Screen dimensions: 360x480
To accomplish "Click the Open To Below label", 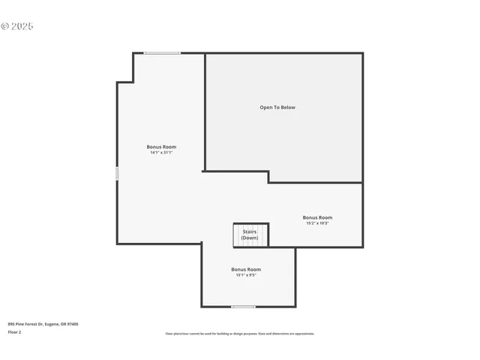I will [277, 107].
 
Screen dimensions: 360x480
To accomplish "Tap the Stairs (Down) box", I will [250, 235].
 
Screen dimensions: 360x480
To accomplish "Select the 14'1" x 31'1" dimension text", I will [161, 152].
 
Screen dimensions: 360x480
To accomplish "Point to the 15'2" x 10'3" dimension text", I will [317, 223].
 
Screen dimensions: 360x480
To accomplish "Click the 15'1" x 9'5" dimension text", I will [246, 274].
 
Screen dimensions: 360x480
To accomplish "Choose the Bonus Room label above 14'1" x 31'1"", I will [161, 146].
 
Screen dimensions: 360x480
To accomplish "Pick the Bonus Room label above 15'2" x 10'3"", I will [317, 217].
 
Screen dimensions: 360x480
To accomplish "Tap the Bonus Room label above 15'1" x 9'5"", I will [246, 269].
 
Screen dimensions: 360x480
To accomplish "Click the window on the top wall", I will [162, 53].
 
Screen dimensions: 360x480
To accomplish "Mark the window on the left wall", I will [116, 173].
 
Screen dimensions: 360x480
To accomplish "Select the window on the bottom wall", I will [243, 306].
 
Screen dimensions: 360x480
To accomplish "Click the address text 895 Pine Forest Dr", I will [25, 324].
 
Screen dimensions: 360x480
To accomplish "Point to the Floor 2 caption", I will [14, 331].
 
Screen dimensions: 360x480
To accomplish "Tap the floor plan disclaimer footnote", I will [240, 334].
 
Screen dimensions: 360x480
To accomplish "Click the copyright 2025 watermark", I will [17, 26].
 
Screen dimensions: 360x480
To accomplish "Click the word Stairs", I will [250, 232].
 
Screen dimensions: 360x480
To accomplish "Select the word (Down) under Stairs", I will [250, 238].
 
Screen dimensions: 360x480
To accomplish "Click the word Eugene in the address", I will [52, 324].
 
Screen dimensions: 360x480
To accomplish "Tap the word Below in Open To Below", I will [288, 107].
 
